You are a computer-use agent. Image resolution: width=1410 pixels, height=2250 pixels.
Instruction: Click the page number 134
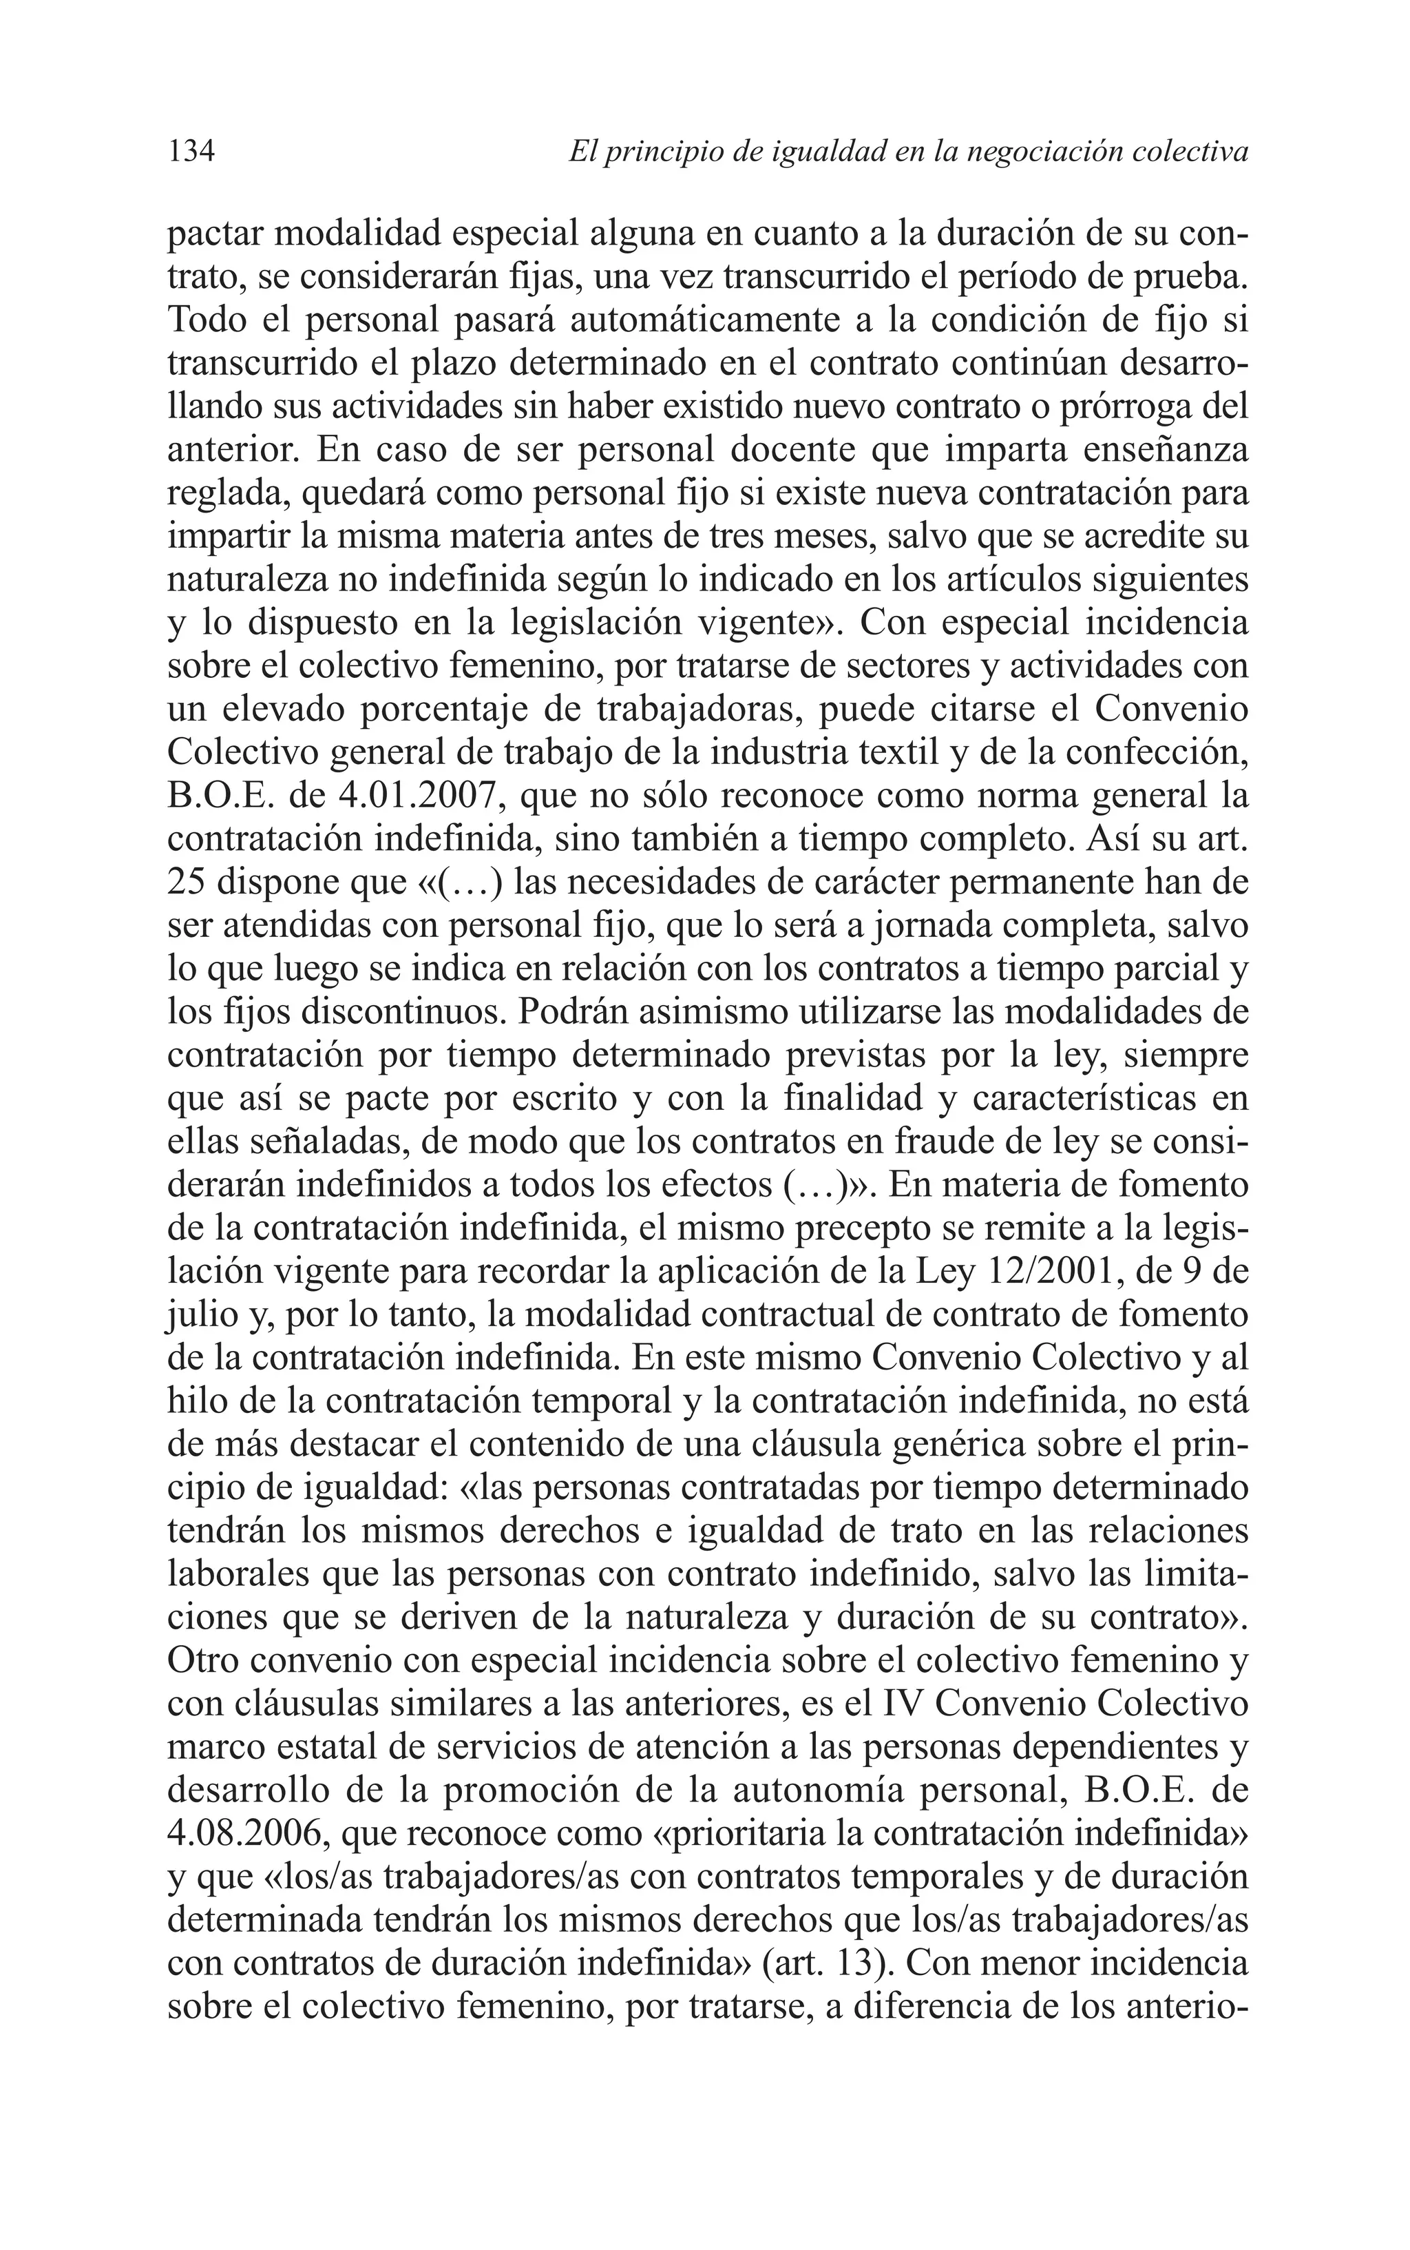(191, 151)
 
